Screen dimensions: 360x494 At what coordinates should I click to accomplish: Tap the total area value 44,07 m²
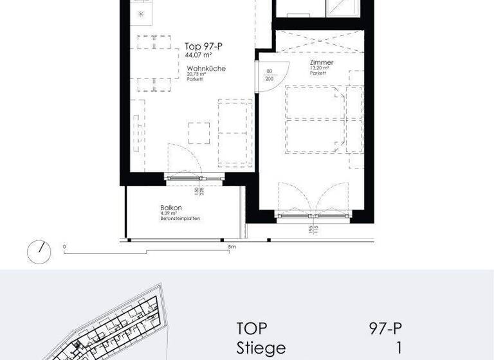click(x=198, y=55)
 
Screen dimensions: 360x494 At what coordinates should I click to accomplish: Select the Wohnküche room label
click(x=206, y=68)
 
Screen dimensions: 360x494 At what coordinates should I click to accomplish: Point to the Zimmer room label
click(x=320, y=62)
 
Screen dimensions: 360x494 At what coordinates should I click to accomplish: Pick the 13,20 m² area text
click(x=319, y=67)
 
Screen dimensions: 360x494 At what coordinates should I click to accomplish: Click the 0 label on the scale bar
click(x=64, y=246)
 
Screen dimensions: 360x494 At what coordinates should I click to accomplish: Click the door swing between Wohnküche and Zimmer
click(x=266, y=77)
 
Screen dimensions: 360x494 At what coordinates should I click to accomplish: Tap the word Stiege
click(x=261, y=348)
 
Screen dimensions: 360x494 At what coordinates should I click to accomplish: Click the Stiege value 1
click(x=399, y=348)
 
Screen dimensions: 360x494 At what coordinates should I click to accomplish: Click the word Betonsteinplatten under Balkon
click(x=181, y=219)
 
